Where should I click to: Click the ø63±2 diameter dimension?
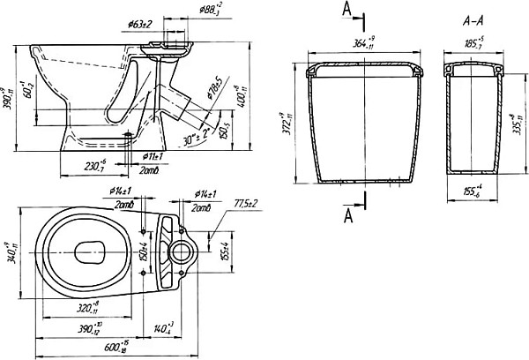pyautogui.click(x=139, y=23)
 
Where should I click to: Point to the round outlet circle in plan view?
pyautogui.click(x=183, y=250)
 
